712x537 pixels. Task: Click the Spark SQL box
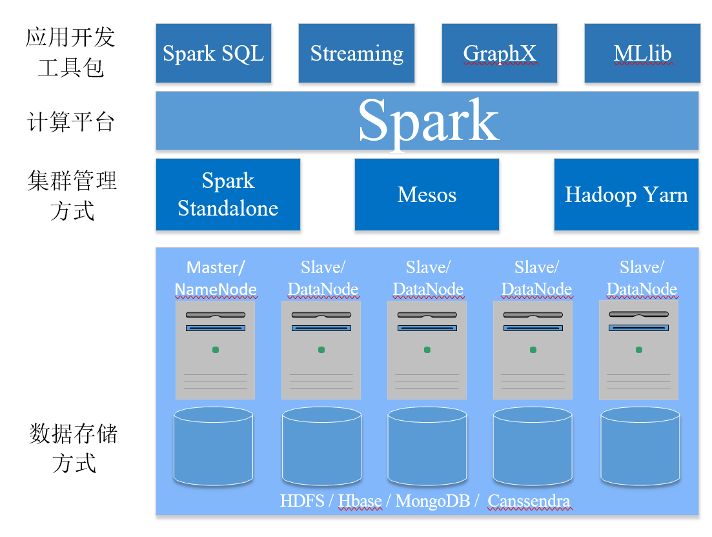click(x=213, y=53)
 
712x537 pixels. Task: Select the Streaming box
click(x=356, y=53)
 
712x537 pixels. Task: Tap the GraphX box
click(x=499, y=53)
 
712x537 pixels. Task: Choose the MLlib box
click(x=642, y=53)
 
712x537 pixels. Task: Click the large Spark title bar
click(x=427, y=121)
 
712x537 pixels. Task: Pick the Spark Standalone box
click(x=228, y=194)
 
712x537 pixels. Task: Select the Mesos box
click(x=427, y=194)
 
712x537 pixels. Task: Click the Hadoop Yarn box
click(x=626, y=194)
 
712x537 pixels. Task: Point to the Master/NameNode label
click(x=216, y=279)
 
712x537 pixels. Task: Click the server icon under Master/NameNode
click(x=216, y=350)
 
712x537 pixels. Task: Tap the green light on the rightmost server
click(x=639, y=350)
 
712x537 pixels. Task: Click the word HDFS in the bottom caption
click(x=302, y=501)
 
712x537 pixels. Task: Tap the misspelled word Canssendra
click(x=529, y=501)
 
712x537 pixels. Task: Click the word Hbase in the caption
click(x=360, y=501)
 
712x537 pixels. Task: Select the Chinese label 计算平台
click(x=71, y=121)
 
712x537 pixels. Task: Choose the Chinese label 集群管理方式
click(x=72, y=195)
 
